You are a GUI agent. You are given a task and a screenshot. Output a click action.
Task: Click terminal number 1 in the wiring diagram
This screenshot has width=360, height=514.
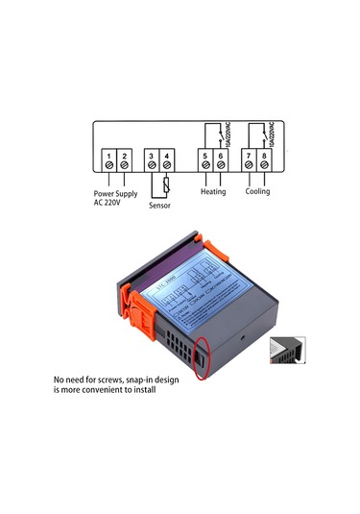point(110,156)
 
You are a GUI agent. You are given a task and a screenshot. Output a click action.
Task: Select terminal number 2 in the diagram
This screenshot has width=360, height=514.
point(125,156)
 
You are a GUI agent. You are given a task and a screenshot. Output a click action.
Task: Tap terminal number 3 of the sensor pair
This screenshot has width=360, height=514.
point(153,156)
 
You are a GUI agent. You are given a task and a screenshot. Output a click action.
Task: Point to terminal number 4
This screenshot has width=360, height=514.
point(168,156)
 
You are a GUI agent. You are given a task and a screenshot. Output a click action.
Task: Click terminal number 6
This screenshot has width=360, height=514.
point(220,156)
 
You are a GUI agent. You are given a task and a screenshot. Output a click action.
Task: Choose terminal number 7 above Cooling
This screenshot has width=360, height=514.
point(249,156)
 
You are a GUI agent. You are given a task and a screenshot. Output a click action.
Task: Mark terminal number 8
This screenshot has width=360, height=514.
point(264,156)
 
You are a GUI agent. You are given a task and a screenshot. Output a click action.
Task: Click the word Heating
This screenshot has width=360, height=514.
point(212,191)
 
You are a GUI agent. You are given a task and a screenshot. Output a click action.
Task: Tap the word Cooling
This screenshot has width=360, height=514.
point(256,191)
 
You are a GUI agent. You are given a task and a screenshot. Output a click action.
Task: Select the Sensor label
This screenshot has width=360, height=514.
point(160,205)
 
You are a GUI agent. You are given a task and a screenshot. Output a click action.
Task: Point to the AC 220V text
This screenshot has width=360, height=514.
point(110,202)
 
